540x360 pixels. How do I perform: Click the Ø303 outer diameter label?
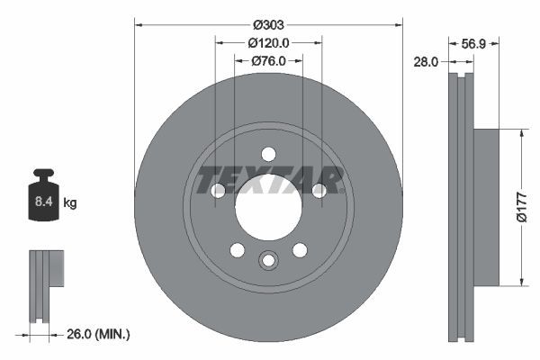tap(267, 24)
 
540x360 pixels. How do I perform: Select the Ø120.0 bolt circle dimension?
tap(268, 42)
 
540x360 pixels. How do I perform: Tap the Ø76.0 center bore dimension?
tap(268, 60)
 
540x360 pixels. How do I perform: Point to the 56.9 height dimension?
tap(474, 42)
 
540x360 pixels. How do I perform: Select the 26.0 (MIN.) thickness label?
tap(100, 335)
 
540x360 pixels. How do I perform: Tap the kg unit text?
tap(70, 204)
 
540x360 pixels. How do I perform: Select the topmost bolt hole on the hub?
tap(267, 153)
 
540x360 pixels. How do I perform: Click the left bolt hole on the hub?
tap(217, 190)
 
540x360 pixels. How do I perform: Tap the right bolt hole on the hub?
tap(319, 190)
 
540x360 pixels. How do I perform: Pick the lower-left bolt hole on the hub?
tap(236, 249)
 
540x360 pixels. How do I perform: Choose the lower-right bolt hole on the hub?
tap(300, 249)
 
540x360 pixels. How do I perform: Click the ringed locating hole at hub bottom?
tap(267, 261)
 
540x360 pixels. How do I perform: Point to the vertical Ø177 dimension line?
tap(519, 207)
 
